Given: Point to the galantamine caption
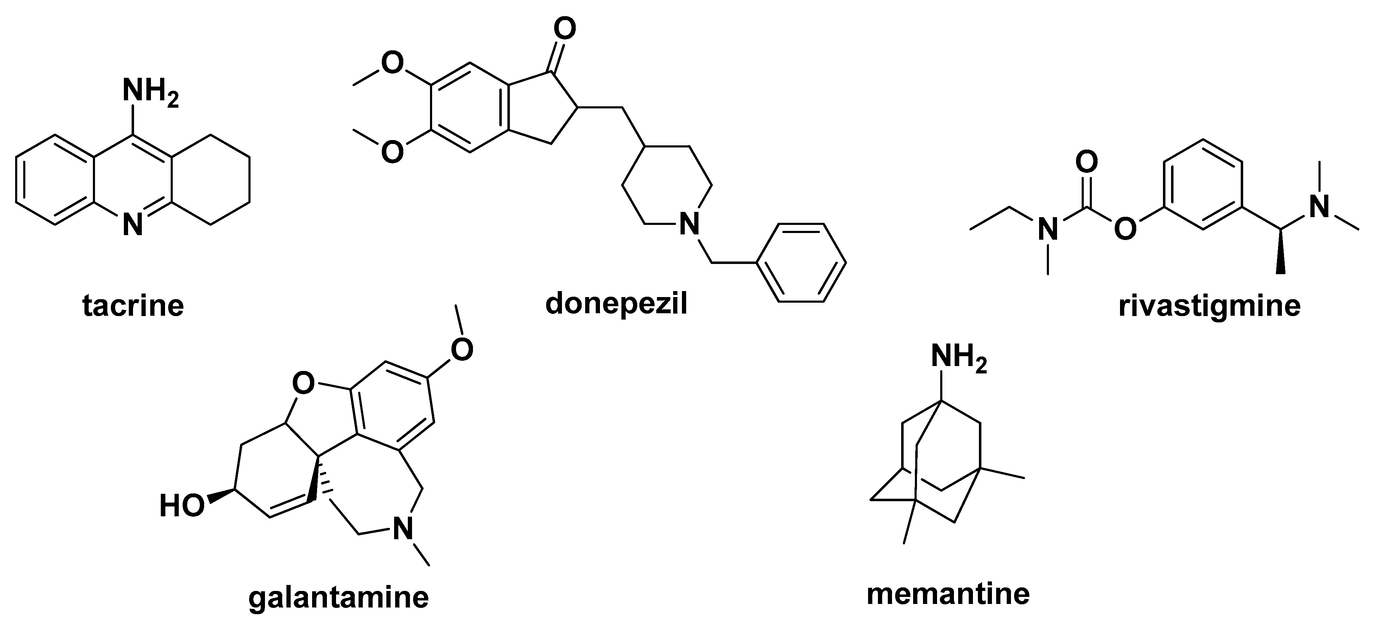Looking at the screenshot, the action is (338, 597).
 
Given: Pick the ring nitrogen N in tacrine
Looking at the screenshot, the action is (133, 225).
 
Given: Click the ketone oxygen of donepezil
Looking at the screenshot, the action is (564, 30).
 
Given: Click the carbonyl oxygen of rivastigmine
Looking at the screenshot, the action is (1086, 162).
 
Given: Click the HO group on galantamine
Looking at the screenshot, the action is (182, 506).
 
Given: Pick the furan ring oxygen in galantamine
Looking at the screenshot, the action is (304, 384).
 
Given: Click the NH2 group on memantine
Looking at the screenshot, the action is (958, 356).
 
